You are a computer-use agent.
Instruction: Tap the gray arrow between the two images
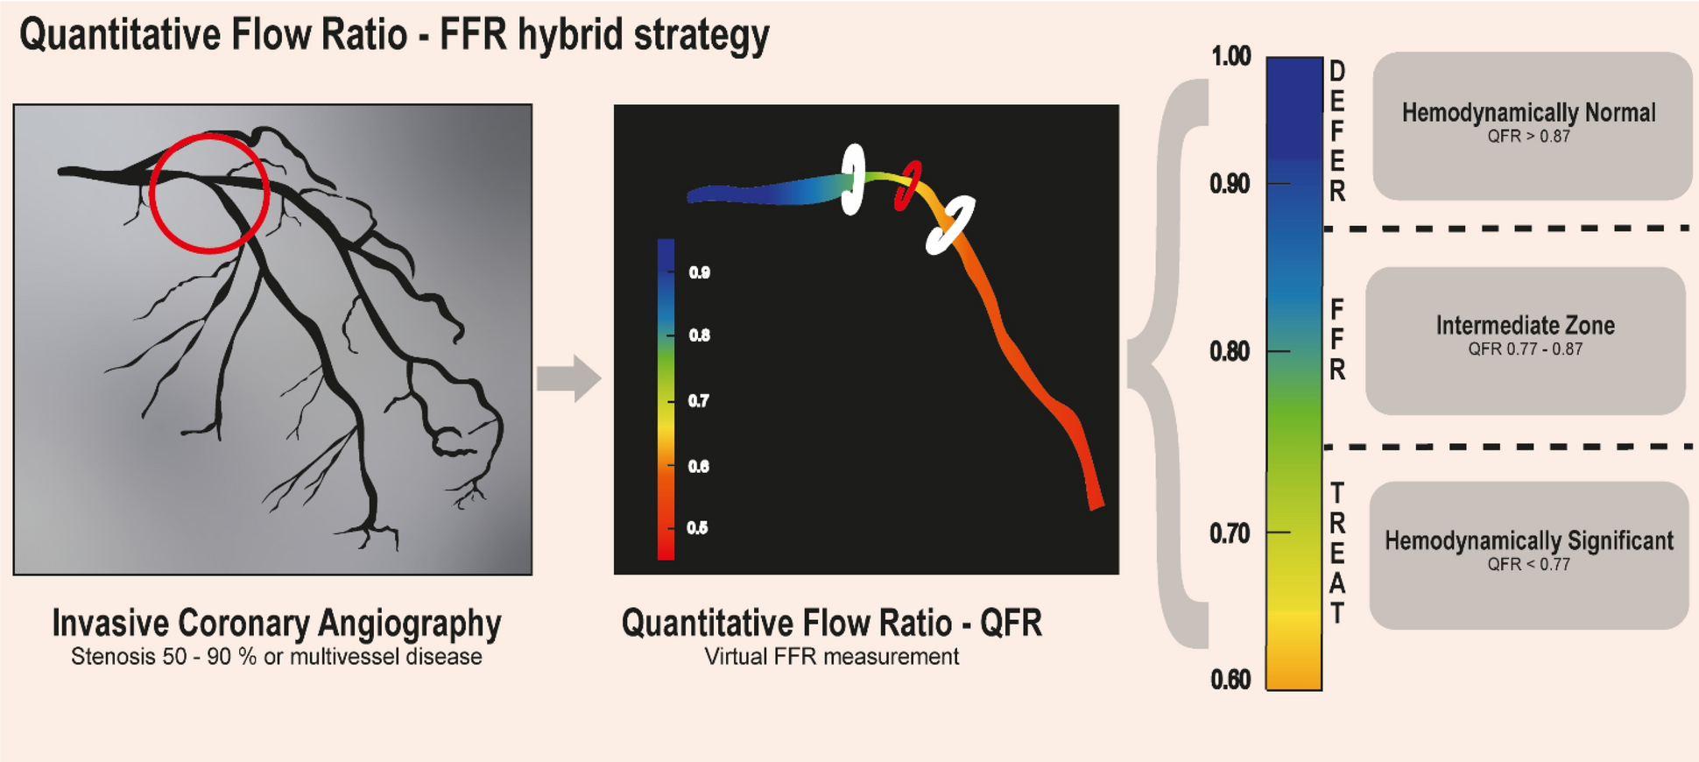569,378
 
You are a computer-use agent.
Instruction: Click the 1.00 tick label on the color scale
1230,57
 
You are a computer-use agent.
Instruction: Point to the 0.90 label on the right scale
1230,184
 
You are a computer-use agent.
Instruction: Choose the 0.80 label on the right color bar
1230,351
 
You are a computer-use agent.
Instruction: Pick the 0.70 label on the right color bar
1230,533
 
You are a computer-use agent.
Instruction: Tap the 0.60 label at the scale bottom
1230,680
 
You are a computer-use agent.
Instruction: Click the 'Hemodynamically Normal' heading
1528,113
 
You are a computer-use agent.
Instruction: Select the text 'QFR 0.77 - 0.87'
1525,349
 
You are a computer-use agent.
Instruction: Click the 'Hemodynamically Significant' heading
1528,541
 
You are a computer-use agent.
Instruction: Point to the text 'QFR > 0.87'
1528,137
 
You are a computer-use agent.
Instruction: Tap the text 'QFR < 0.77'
1528,565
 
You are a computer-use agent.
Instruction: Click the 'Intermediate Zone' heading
1525,326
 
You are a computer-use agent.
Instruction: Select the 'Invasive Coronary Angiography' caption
277,624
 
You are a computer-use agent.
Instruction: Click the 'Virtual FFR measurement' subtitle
831,657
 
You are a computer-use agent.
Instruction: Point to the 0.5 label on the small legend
697,528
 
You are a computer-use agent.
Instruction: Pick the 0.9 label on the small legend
699,272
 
